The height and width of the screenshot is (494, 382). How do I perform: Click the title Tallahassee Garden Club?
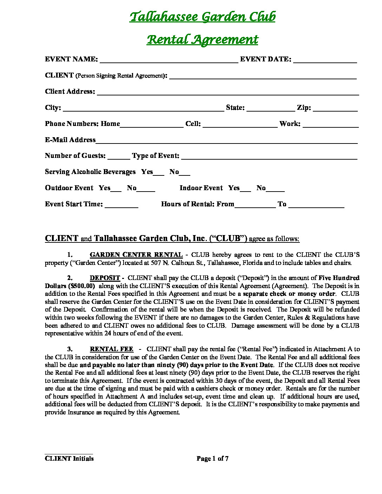tap(202, 17)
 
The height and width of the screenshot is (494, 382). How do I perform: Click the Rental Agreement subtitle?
tap(202, 40)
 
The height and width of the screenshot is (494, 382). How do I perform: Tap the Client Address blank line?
tap(228, 93)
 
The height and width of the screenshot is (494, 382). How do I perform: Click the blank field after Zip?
tap(335, 109)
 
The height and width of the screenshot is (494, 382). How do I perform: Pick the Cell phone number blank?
tap(240, 125)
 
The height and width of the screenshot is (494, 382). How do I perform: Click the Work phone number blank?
tap(330, 125)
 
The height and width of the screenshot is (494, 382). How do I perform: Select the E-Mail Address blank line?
tap(226, 141)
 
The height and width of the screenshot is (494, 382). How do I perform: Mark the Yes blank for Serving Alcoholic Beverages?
tap(159, 173)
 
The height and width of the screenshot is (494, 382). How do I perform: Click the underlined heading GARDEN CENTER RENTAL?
tap(136, 255)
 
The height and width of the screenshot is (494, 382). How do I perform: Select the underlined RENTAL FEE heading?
tap(111, 349)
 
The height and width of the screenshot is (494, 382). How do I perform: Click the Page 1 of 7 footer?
tap(212, 459)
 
